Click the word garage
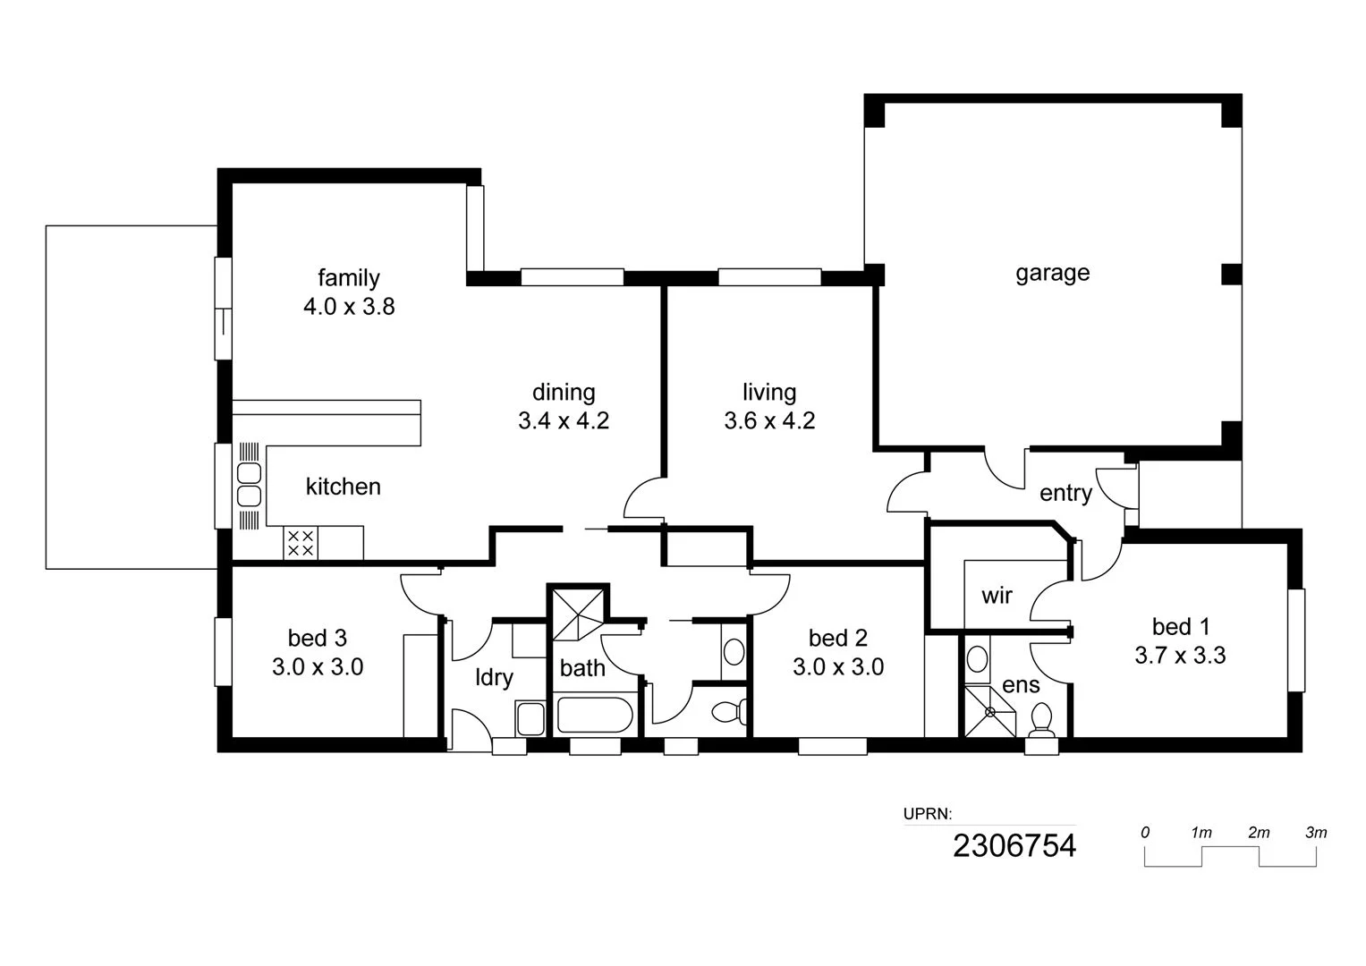click(1053, 274)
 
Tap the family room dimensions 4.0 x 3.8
click(349, 306)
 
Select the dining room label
click(564, 393)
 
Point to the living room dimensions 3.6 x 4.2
click(769, 420)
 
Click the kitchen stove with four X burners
click(300, 543)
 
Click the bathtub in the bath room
click(595, 715)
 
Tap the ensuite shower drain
click(989, 712)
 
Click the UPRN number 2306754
click(1014, 846)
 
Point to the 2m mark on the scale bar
click(1259, 833)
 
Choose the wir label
click(997, 595)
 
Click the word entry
click(1065, 494)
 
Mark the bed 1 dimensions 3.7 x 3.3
click(1180, 655)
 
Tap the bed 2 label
click(838, 638)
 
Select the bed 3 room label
click(317, 638)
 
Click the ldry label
click(494, 678)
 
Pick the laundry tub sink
click(530, 718)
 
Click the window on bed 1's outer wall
click(1296, 640)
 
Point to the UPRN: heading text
click(928, 814)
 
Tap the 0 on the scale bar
click(1145, 833)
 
